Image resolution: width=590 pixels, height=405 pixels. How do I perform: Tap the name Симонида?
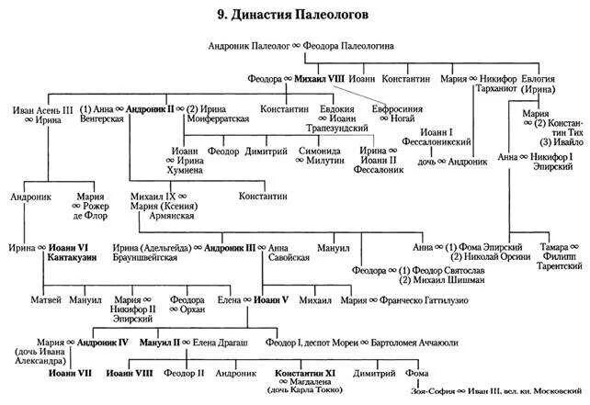point(319,150)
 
